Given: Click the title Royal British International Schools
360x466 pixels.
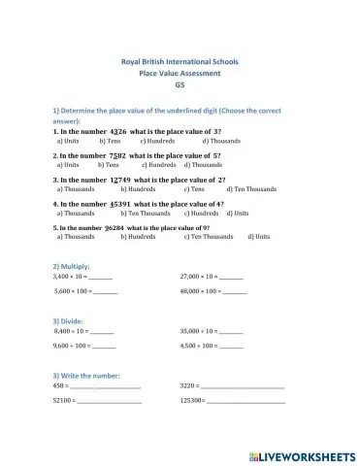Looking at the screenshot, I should [180, 62].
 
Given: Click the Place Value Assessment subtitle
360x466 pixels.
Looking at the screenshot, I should [180, 73].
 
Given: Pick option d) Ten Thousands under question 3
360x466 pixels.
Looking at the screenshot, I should [254, 189].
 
